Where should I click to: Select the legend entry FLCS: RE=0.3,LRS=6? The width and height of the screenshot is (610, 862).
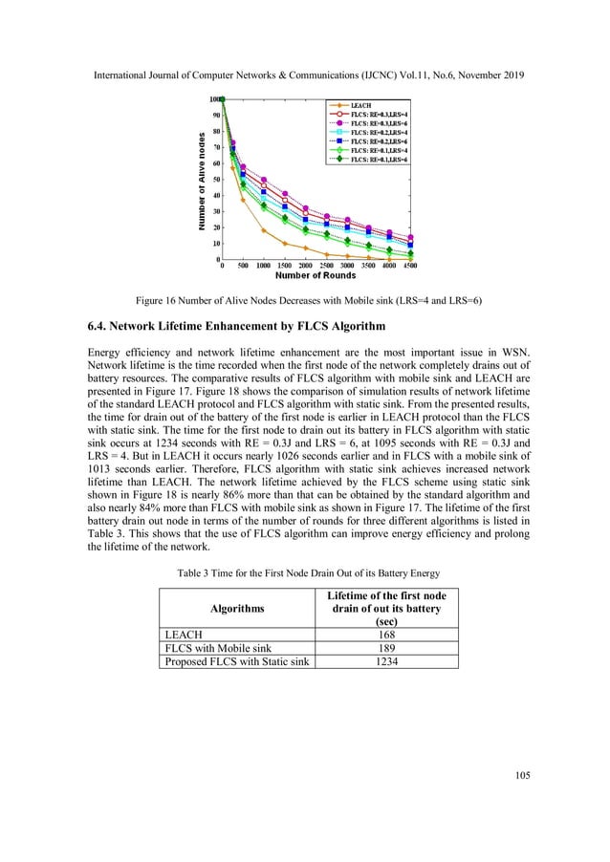(x=380, y=123)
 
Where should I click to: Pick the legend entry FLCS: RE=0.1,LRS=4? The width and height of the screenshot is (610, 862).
(x=380, y=150)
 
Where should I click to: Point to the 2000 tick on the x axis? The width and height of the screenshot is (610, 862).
(x=305, y=266)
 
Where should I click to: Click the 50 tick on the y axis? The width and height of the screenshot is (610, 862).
(x=218, y=179)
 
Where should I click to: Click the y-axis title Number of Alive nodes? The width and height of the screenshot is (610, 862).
(x=203, y=179)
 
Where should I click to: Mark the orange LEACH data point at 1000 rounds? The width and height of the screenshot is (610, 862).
(x=264, y=230)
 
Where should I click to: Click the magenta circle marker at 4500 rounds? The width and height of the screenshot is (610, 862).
(x=410, y=237)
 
